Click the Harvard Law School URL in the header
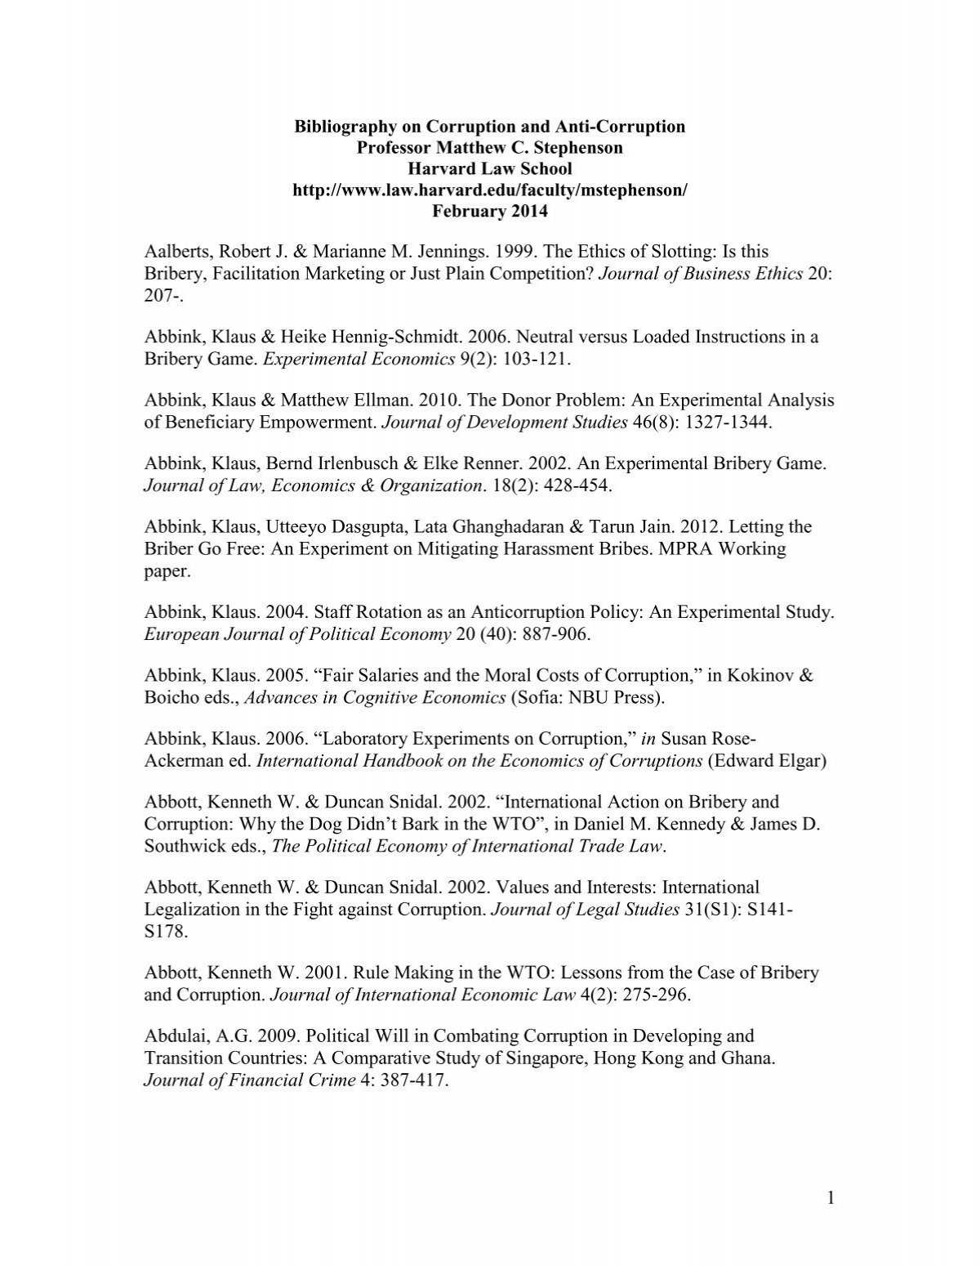[x=490, y=190]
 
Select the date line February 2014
[x=490, y=212]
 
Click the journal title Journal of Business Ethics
[x=701, y=273]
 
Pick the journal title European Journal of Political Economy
[x=298, y=634]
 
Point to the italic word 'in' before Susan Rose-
[x=648, y=740]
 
